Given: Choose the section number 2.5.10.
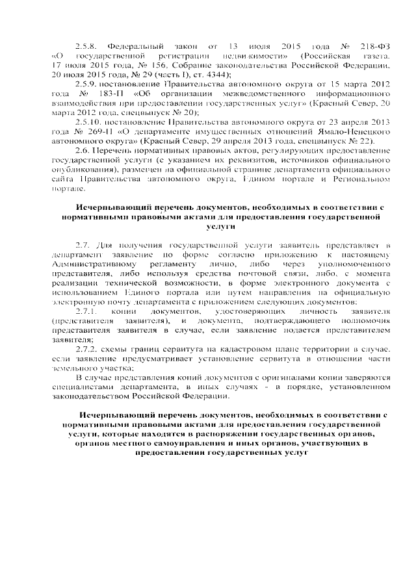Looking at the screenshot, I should pyautogui.click(x=88, y=122).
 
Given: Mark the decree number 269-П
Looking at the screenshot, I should pyautogui.click(x=101, y=131).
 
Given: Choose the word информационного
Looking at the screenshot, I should pyautogui.click(x=346, y=94).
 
